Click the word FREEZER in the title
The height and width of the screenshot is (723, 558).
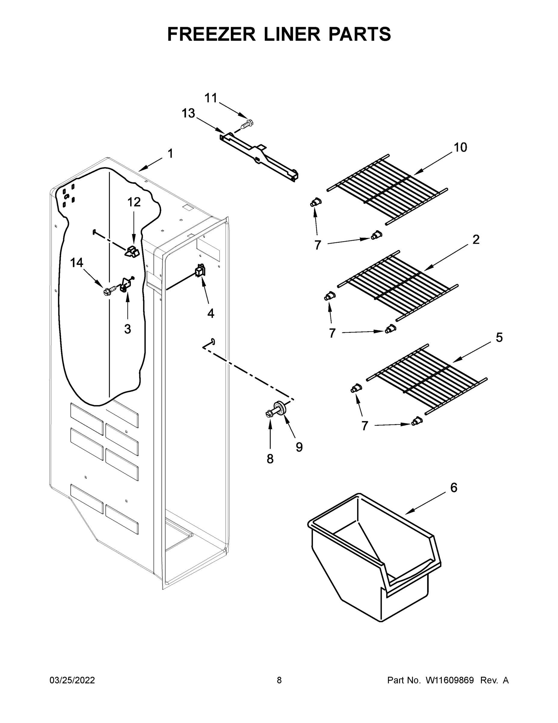pos(211,34)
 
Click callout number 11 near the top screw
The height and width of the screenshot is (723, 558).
pos(211,98)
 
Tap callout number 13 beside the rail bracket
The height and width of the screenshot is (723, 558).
pos(188,113)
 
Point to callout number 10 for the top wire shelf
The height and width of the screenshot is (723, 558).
pos(461,147)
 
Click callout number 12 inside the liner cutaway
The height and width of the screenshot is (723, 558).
pos(134,202)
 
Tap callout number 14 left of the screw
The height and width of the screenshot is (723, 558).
pos(76,263)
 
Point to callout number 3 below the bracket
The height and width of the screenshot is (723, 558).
pos(128,329)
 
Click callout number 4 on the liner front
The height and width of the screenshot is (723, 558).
pos(211,313)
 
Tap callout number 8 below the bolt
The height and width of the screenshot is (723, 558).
pos(270,459)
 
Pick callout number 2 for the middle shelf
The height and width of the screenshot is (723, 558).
pos(476,239)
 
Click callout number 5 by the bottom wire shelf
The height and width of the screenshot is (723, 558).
pos(499,338)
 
